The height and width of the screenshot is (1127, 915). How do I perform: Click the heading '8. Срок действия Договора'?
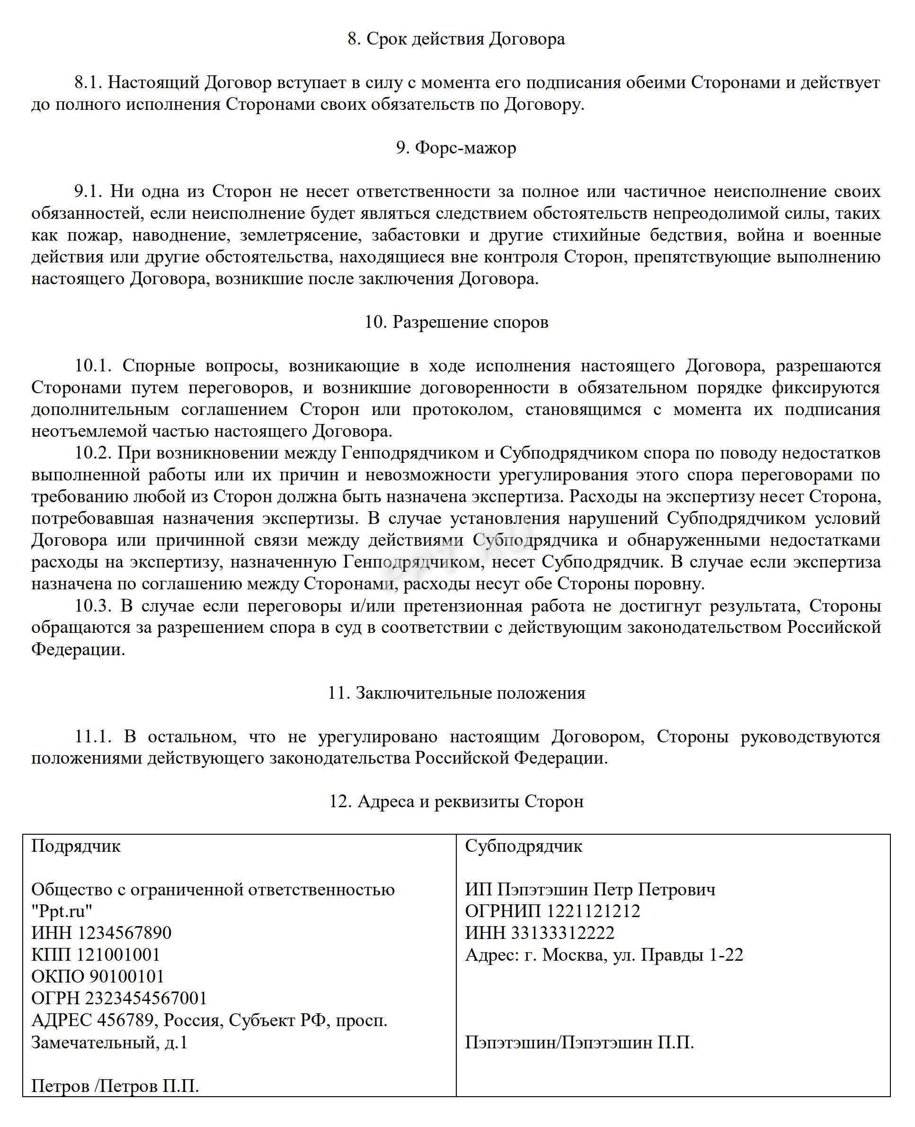tap(456, 39)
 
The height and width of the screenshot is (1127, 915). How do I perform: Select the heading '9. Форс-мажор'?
tap(456, 148)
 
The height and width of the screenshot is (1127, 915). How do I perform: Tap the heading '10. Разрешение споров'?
tap(456, 322)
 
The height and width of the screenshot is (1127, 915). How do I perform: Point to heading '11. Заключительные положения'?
tap(456, 693)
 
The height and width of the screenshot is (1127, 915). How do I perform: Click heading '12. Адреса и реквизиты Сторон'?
tap(456, 802)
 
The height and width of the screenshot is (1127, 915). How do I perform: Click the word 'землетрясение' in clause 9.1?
tap(301, 235)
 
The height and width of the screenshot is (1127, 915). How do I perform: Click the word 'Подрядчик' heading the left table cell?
tap(76, 846)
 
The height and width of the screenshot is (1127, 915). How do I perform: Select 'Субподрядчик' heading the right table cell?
tap(524, 846)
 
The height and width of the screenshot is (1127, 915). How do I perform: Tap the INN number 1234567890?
tap(125, 933)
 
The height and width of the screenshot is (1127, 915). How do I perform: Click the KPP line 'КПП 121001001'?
tap(96, 955)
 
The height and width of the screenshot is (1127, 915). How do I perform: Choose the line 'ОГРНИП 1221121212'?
tap(552, 911)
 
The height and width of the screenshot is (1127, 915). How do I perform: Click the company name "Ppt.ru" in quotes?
tap(62, 911)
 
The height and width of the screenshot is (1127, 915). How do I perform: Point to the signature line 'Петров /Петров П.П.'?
tap(115, 1086)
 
